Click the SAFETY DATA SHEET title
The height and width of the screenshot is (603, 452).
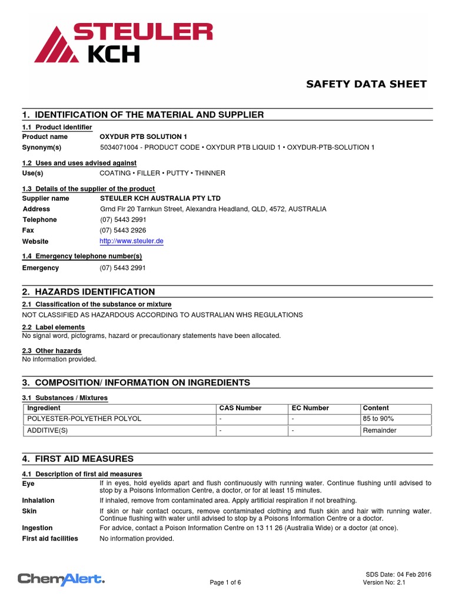click(366, 84)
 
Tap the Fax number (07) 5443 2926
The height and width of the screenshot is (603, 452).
click(123, 230)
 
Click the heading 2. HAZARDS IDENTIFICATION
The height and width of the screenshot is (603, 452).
click(88, 291)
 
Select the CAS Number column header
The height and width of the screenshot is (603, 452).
click(240, 408)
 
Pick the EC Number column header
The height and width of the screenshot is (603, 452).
click(310, 408)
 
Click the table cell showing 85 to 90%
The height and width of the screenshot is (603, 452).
click(378, 419)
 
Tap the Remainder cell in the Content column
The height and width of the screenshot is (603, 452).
click(380, 430)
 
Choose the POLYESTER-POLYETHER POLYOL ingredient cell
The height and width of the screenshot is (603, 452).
click(84, 419)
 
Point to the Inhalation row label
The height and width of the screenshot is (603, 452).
click(38, 501)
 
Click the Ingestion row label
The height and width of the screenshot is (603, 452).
click(37, 528)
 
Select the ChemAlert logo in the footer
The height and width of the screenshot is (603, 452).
click(61, 579)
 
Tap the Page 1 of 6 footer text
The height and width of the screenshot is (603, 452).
click(225, 583)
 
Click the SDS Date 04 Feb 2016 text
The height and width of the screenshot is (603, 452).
click(395, 574)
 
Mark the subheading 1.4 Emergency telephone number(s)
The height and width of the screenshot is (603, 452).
click(82, 256)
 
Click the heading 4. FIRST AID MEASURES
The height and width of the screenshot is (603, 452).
click(78, 459)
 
